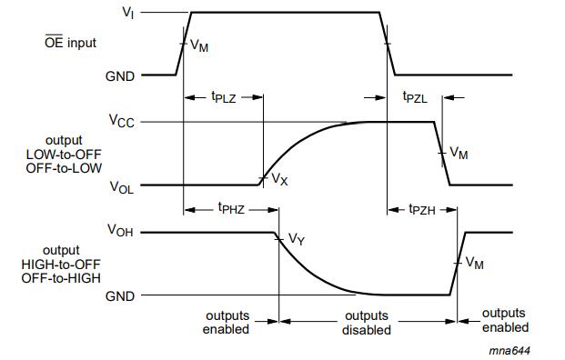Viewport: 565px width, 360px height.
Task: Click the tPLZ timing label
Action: [x=224, y=97]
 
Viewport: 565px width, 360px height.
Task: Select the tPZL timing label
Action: [x=415, y=97]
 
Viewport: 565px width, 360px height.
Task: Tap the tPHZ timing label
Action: [x=231, y=208]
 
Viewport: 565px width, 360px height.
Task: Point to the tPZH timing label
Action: [x=422, y=209]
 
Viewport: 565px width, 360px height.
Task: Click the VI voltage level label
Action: [x=128, y=13]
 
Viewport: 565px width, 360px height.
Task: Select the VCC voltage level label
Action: [x=121, y=121]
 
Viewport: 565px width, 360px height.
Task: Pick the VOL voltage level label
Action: [x=121, y=187]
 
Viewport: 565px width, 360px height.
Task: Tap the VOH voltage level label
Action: [x=120, y=230]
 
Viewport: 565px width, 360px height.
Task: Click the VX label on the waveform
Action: [x=279, y=179]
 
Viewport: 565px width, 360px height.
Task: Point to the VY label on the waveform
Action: [x=297, y=239]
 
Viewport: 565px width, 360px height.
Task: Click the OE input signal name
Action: [x=70, y=43]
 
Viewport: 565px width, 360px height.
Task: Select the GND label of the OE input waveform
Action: [x=120, y=76]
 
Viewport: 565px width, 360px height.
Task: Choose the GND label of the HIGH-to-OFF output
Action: [x=120, y=296]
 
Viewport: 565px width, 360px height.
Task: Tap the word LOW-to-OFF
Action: [x=64, y=155]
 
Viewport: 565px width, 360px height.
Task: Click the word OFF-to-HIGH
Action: [x=61, y=278]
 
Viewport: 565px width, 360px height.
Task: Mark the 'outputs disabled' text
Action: [x=367, y=323]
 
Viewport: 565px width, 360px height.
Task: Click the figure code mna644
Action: [x=510, y=350]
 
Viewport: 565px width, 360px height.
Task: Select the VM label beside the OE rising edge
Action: [x=199, y=45]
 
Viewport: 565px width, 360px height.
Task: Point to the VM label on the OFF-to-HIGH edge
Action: [x=475, y=263]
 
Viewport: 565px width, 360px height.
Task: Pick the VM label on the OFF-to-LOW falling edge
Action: [x=459, y=153]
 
